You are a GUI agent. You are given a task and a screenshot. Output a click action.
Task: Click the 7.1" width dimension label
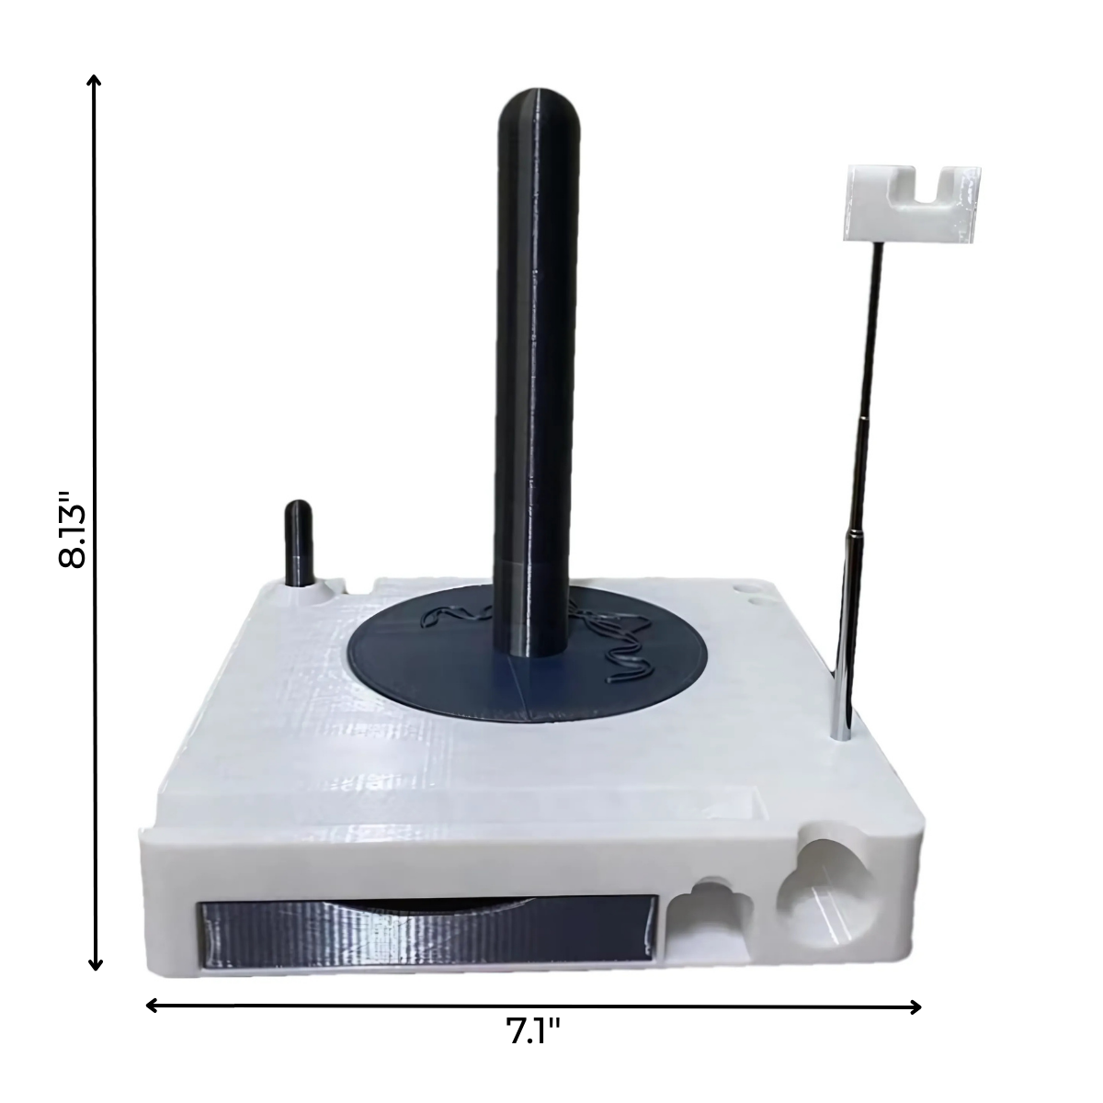(533, 1033)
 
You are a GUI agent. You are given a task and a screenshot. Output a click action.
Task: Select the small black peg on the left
(299, 542)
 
